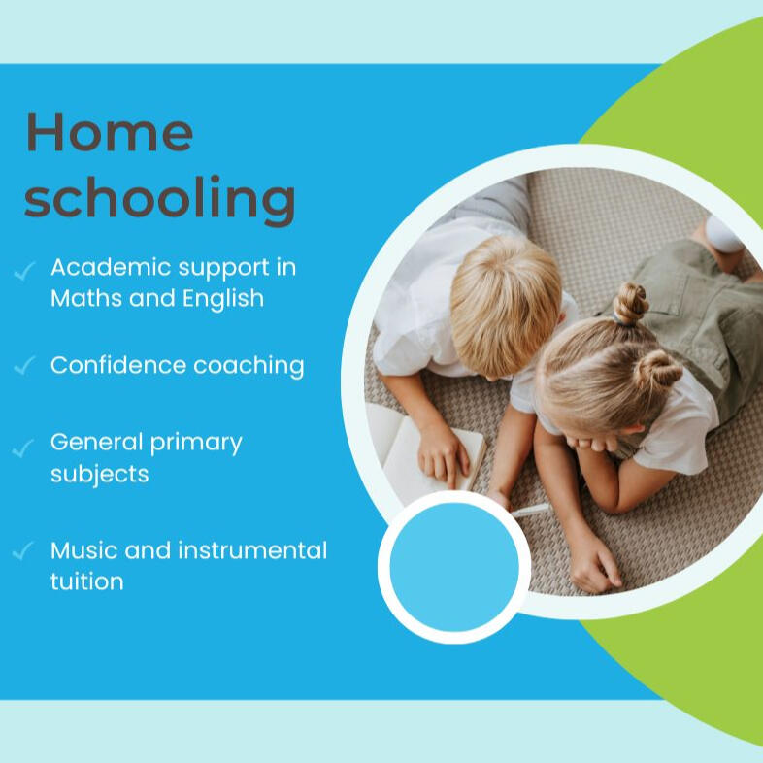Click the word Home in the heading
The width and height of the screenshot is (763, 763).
coord(110,132)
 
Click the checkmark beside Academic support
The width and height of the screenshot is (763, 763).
coord(24,271)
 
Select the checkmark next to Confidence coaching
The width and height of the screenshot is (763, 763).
coord(24,365)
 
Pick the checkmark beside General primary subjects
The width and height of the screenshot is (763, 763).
coord(23,448)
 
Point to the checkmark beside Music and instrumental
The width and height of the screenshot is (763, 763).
coord(23,550)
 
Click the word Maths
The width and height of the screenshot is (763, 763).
coord(86,298)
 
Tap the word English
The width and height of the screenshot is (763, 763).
coord(223,299)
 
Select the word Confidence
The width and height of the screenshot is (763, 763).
coord(118,365)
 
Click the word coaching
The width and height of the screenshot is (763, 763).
coord(249,366)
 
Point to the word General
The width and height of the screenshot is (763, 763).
coord(96,442)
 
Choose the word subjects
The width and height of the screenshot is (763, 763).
coord(100,475)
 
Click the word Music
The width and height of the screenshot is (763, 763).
coord(83,550)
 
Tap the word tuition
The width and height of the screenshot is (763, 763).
coord(87,581)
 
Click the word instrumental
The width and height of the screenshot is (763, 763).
coord(252,550)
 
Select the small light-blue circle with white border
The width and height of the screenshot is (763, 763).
coord(454,567)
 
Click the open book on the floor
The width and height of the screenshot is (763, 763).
coord(423,450)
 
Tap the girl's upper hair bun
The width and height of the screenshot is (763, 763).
coord(631,303)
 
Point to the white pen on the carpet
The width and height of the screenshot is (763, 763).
coord(530,510)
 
